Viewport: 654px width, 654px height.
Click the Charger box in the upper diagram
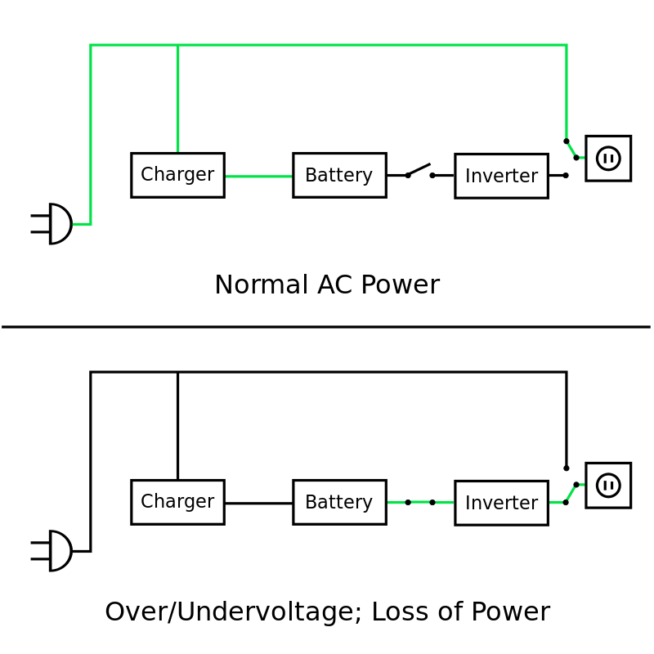point(177,175)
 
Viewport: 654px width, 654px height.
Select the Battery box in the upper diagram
point(339,175)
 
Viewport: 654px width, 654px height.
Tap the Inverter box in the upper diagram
point(501,176)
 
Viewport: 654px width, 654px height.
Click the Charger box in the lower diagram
point(177,502)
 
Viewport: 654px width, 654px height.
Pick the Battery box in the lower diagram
point(339,502)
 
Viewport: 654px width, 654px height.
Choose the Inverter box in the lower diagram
point(501,503)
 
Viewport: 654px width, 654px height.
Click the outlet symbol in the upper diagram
point(608,159)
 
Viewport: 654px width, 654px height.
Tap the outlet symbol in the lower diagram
point(608,486)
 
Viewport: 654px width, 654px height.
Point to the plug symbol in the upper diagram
point(53,224)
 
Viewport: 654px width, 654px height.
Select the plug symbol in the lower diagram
point(53,551)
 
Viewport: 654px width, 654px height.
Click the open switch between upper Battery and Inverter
point(419,171)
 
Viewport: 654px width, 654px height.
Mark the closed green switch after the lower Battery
point(420,502)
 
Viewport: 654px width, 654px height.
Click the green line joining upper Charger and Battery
point(258,176)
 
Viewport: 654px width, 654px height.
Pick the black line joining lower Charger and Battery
point(258,503)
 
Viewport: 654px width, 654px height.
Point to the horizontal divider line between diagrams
point(327,327)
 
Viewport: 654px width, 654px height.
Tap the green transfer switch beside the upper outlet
point(571,149)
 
